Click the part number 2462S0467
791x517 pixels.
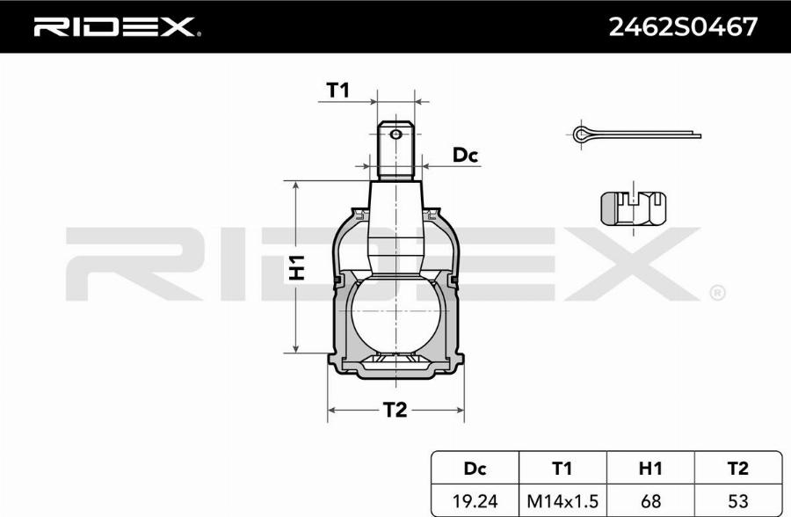pos(683,27)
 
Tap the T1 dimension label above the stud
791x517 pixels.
pos(338,89)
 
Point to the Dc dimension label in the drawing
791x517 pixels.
pos(464,156)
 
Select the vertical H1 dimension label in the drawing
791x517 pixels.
pos(297,267)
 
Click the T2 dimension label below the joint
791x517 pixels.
pos(395,409)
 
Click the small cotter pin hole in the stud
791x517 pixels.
pos(396,135)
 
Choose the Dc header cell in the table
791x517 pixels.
pos(475,469)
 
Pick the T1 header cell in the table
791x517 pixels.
pos(562,469)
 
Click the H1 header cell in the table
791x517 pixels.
pos(650,469)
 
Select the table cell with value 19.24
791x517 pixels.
pos(475,501)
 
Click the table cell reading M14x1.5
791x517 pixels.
pos(562,501)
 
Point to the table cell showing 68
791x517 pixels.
pos(650,501)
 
